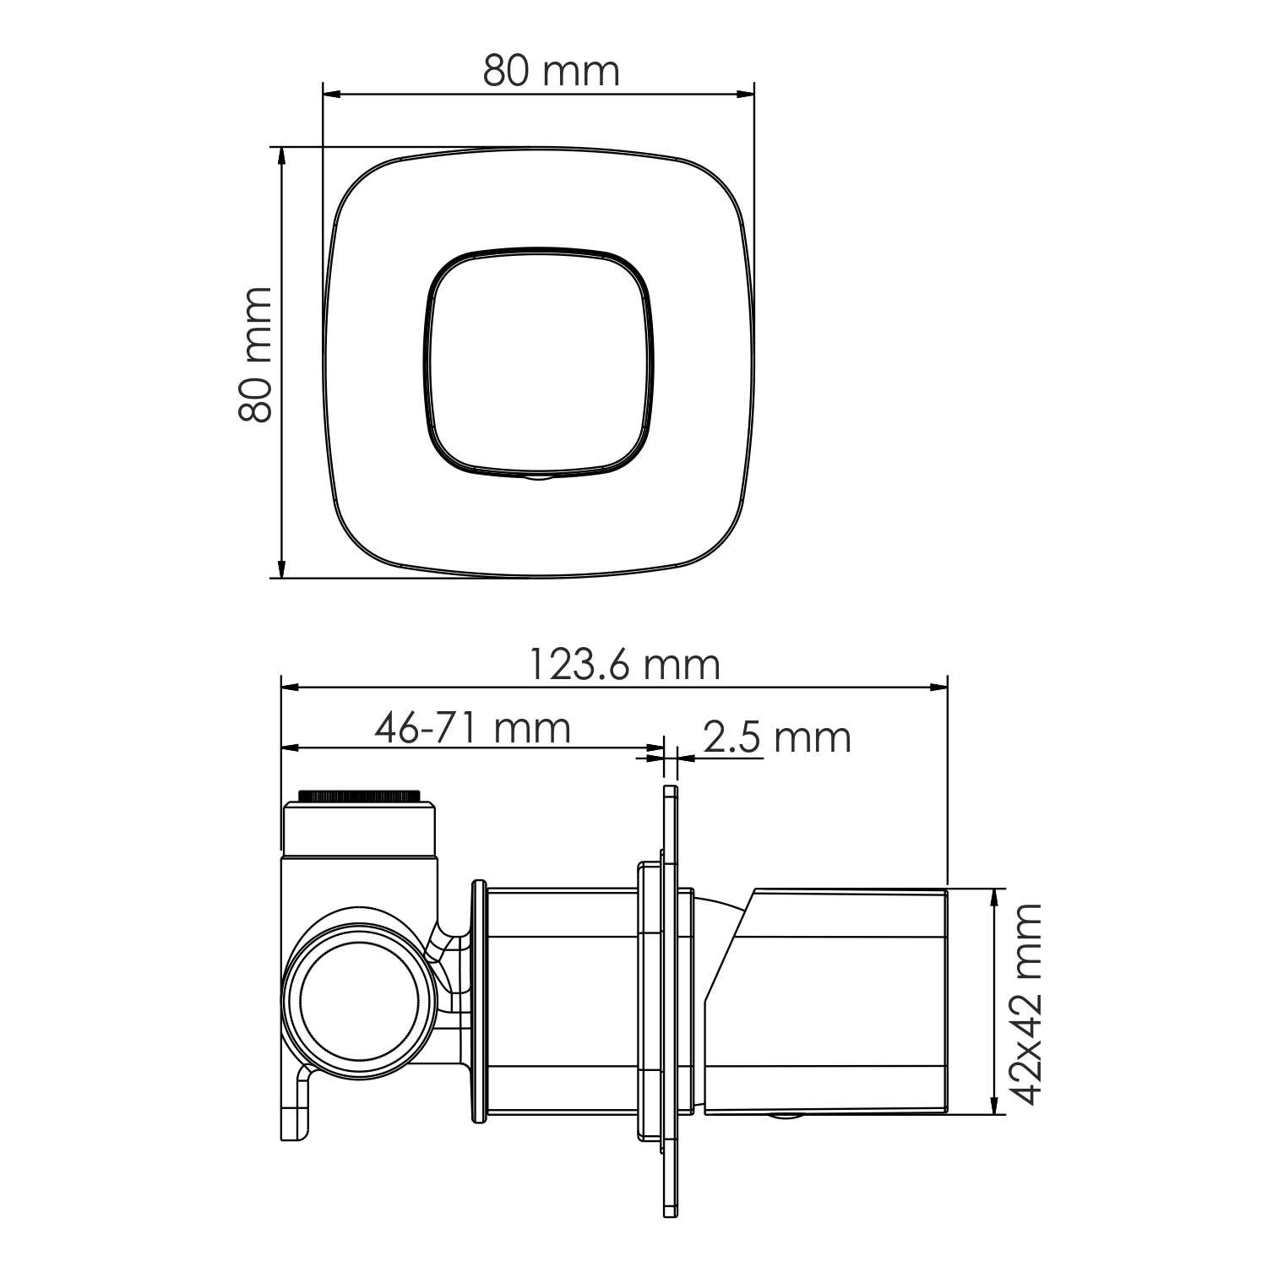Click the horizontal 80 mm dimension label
tap(551, 71)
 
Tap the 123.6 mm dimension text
tap(624, 665)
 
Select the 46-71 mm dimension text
tap(473, 728)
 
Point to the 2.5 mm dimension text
tap(775, 737)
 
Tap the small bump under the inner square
tap(538, 477)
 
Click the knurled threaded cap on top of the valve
tap(360, 796)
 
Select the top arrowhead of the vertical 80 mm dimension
tap(281, 157)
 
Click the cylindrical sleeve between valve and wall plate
tap(562, 1003)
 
